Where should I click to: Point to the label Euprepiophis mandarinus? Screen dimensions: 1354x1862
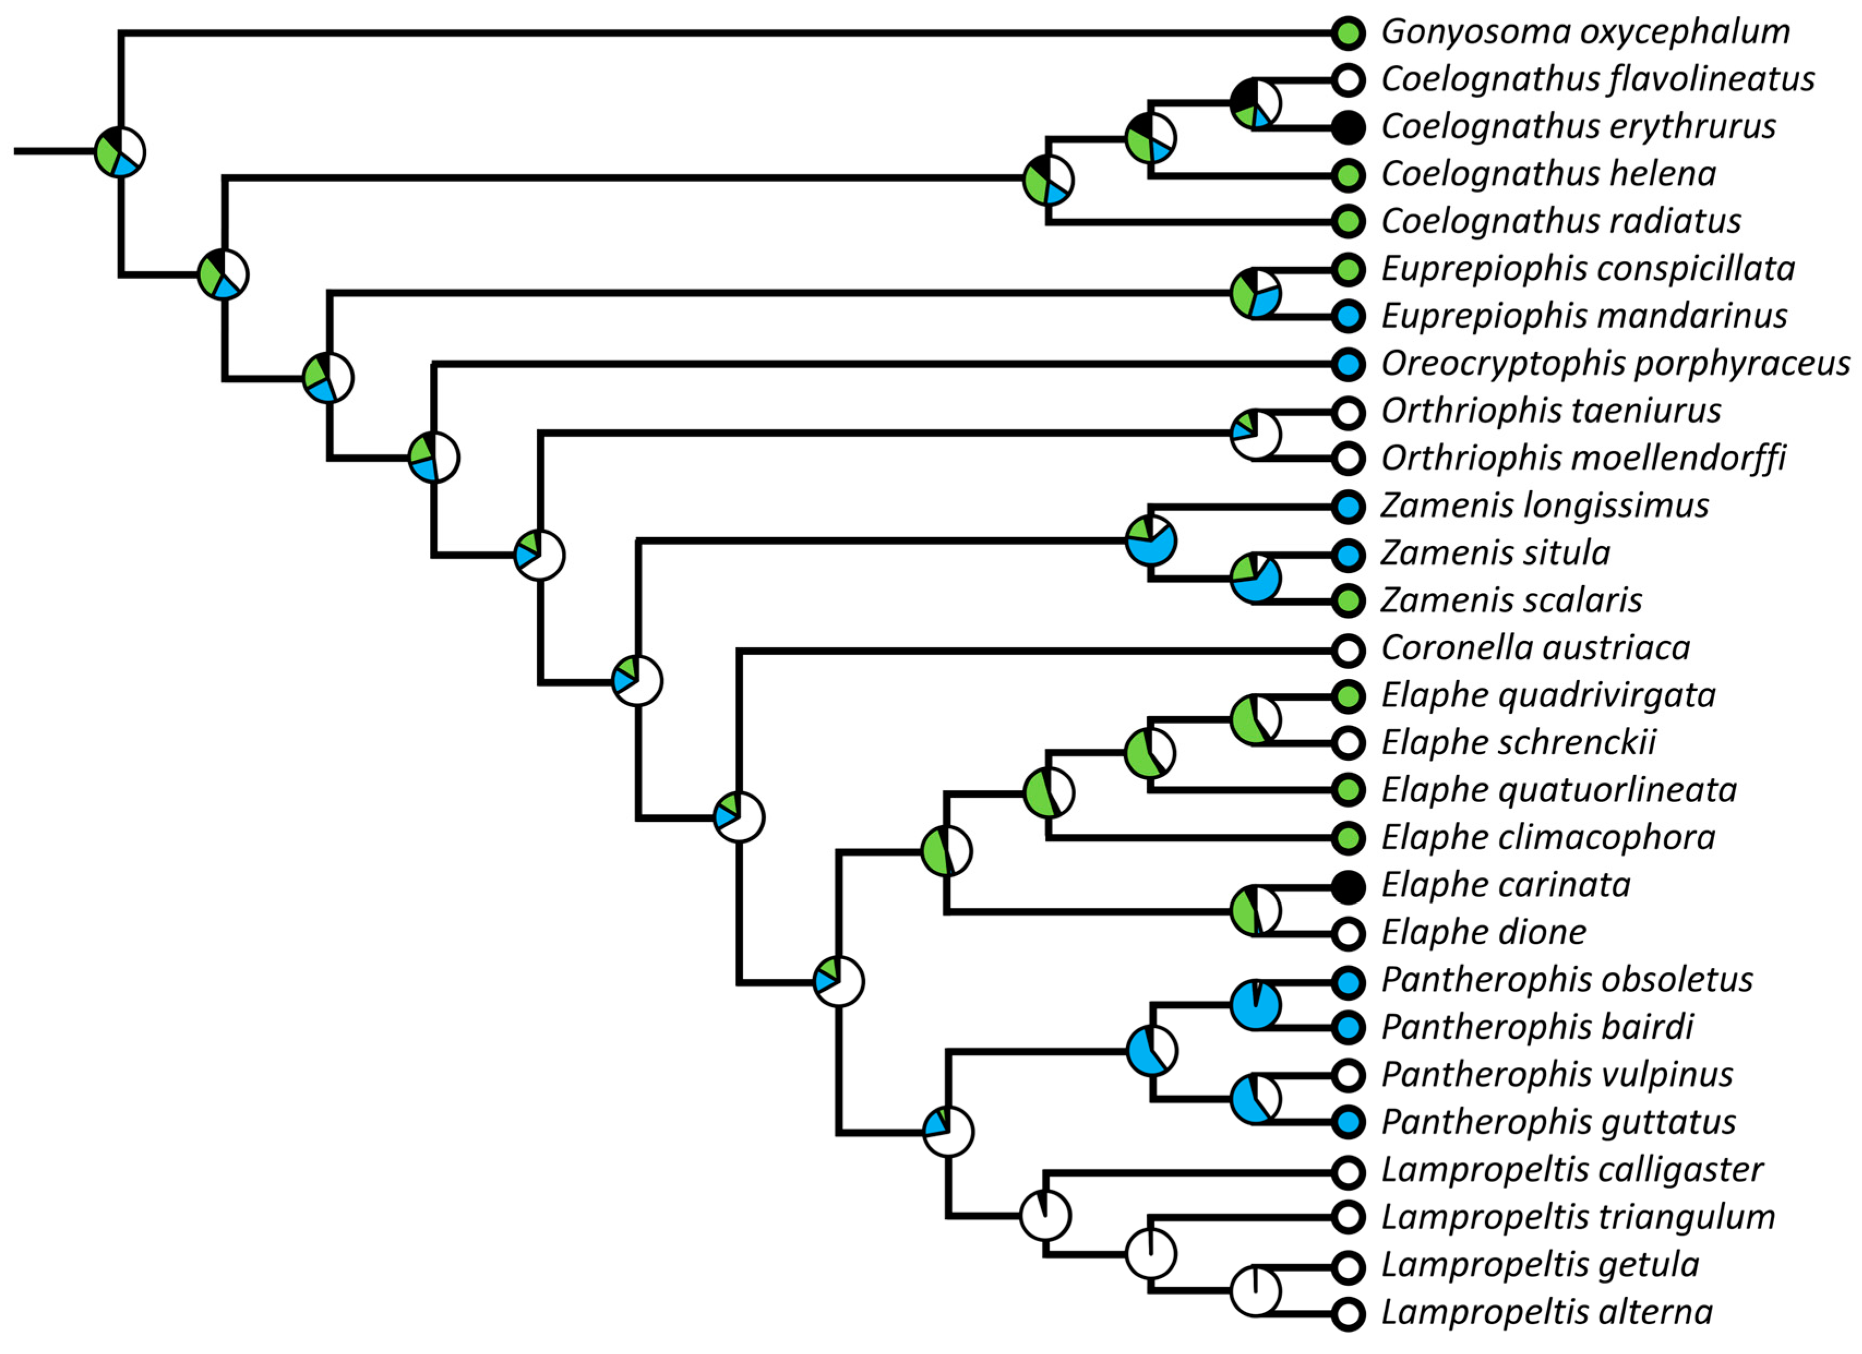pos(1584,316)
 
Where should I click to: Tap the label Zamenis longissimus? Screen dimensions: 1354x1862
pos(1544,506)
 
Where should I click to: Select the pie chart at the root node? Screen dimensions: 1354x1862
pos(120,152)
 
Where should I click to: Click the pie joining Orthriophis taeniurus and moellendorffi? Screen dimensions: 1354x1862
pos(1256,435)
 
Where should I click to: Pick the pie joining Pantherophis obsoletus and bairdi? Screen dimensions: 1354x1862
pos(1256,1004)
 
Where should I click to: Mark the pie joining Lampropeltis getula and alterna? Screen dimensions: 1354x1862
pos(1256,1291)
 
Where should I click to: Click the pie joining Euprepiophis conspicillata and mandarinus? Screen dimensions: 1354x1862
pos(1256,293)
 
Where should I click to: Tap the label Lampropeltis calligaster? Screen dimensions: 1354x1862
pos(1571,1170)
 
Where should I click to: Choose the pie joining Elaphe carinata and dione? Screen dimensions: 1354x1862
pos(1256,910)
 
